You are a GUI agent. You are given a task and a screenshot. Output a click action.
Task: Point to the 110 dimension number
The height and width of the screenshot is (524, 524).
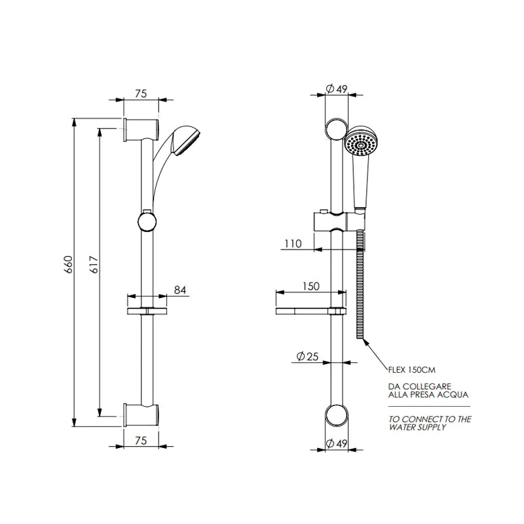point(293,244)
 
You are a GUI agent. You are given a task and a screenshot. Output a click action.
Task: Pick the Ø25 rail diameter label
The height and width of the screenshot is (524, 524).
point(307,356)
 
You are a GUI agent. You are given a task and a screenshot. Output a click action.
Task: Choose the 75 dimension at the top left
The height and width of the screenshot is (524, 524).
point(140,94)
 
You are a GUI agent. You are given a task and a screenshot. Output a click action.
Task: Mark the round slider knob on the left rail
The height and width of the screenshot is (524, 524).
point(147,221)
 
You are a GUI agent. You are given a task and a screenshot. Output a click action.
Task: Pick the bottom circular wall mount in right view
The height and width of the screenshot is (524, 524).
point(336,416)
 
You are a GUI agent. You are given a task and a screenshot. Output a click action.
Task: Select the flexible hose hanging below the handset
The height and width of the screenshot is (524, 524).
point(360,288)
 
